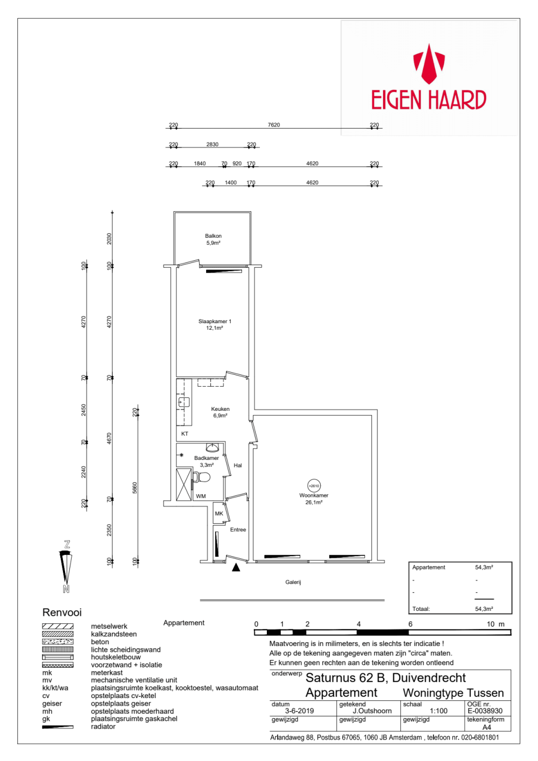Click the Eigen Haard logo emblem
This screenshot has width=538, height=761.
click(x=429, y=64)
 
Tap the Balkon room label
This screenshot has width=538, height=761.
click(x=213, y=236)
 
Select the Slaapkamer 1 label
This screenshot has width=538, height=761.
click(x=215, y=321)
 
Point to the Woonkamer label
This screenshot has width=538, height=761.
click(x=314, y=495)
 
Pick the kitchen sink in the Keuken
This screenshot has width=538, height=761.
click(x=183, y=402)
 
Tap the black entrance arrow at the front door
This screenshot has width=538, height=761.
click(x=236, y=567)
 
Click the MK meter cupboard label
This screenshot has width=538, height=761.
click(x=219, y=513)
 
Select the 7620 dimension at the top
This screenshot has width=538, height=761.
click(x=274, y=125)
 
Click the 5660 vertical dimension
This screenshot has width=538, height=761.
click(x=134, y=488)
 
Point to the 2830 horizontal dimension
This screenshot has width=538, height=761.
click(x=213, y=144)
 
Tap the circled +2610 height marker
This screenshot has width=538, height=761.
click(x=314, y=486)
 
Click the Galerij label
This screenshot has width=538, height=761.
click(x=293, y=582)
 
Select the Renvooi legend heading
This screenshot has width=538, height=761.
click(x=62, y=612)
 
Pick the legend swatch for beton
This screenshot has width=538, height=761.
click(x=58, y=642)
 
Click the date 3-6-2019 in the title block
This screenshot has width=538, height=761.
click(x=300, y=711)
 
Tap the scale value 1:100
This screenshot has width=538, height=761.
click(x=438, y=711)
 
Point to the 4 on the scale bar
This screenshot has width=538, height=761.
click(x=358, y=624)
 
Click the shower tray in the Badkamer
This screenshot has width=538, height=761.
click(x=184, y=485)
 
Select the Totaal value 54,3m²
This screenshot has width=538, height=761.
click(x=484, y=609)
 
